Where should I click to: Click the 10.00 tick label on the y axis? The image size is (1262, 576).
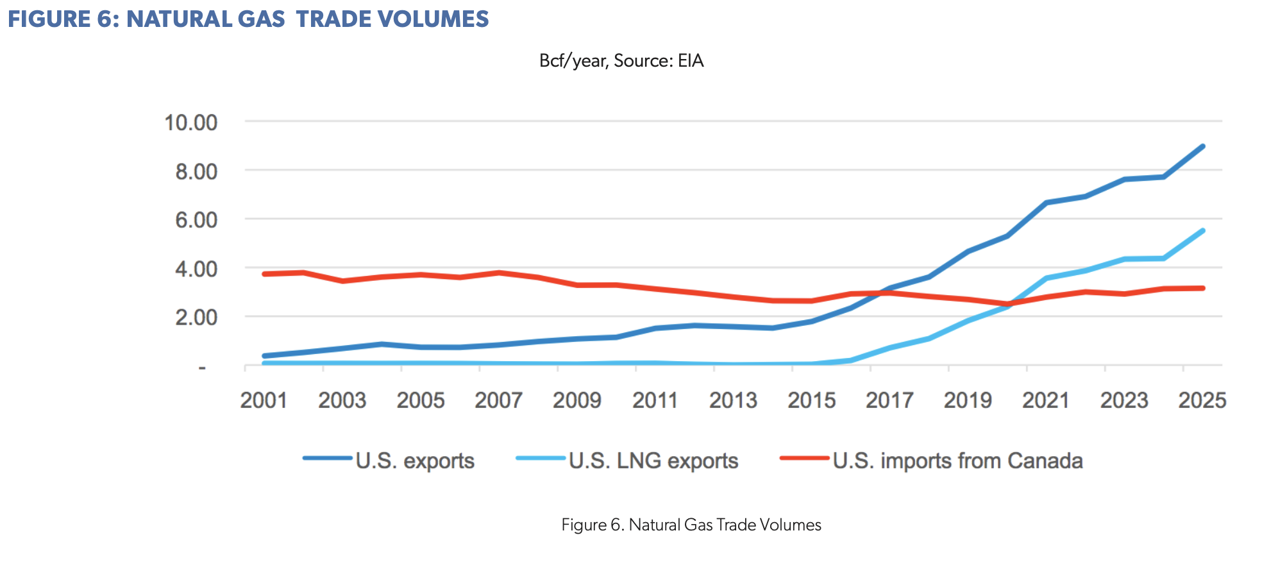(191, 123)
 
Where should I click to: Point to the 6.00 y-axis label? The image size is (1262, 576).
(197, 220)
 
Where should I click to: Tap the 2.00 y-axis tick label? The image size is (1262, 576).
(197, 318)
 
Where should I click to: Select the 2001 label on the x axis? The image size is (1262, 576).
(264, 400)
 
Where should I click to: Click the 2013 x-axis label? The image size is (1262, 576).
(733, 400)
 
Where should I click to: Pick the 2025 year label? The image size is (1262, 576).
(1202, 400)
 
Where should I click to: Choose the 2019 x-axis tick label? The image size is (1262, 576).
(968, 400)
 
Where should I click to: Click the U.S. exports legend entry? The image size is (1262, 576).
(389, 461)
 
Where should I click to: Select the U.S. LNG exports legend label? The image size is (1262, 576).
(627, 461)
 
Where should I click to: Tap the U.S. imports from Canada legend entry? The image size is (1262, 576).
(931, 461)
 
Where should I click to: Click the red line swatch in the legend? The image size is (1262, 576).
(804, 458)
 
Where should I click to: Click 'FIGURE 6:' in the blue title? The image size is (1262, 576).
(63, 19)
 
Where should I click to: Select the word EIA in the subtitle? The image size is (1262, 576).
(691, 61)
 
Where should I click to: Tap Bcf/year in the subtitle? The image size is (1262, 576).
(573, 61)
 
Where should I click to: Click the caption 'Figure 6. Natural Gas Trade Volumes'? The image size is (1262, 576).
(691, 525)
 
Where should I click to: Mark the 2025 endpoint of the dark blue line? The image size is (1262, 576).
(1202, 147)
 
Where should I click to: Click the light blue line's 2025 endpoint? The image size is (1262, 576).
(1202, 231)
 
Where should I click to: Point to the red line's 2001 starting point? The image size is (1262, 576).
(264, 274)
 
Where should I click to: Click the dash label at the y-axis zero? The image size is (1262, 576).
(202, 368)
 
